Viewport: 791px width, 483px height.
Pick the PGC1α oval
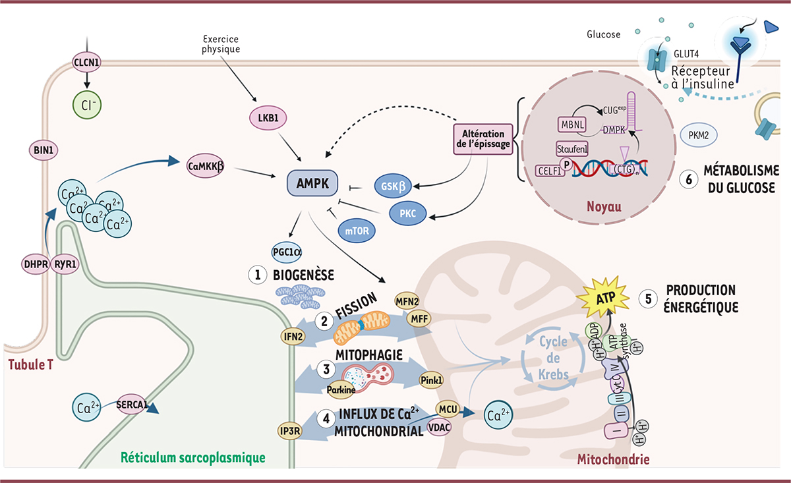pyautogui.click(x=287, y=252)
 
